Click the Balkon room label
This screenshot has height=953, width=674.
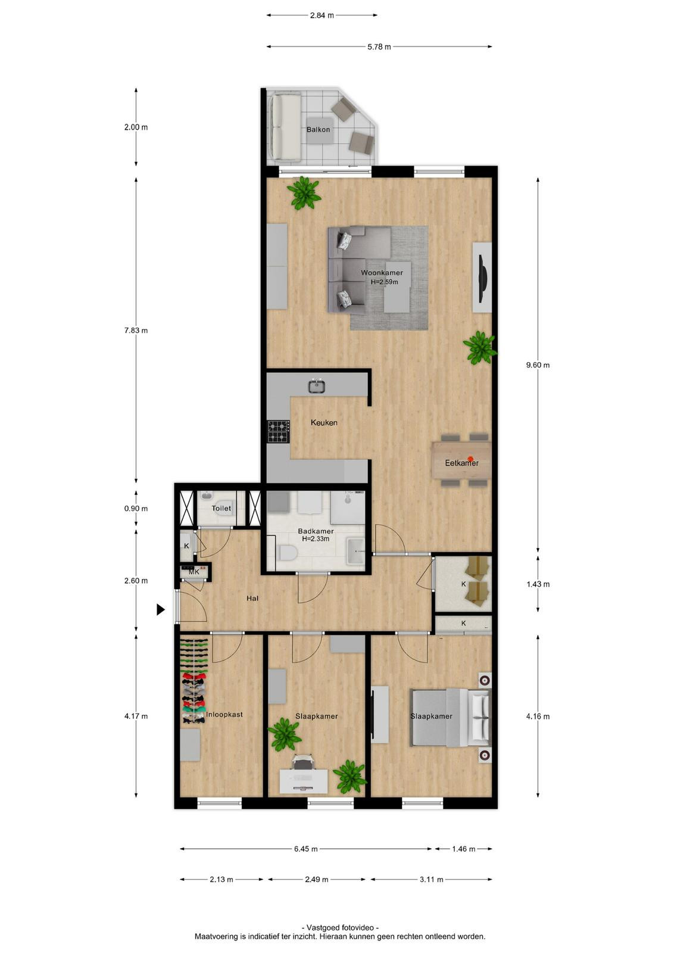click(318, 129)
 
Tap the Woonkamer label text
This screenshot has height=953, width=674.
click(382, 273)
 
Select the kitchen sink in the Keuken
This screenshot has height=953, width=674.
click(317, 387)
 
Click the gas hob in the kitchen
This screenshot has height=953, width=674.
click(279, 432)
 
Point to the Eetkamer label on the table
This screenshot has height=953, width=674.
click(462, 463)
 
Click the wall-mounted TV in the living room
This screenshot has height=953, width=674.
click(483, 279)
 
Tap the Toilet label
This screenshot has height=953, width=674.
click(221, 508)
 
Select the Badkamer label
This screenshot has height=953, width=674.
click(316, 531)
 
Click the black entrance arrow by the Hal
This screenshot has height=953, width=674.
click(161, 610)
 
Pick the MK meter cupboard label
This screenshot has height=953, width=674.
click(194, 572)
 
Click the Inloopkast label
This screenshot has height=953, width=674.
click(224, 714)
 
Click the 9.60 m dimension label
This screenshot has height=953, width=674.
click(538, 365)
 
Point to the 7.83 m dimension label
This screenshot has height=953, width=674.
click(136, 331)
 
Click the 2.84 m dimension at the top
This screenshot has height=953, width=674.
click(322, 15)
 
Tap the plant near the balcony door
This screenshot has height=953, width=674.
click(304, 193)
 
